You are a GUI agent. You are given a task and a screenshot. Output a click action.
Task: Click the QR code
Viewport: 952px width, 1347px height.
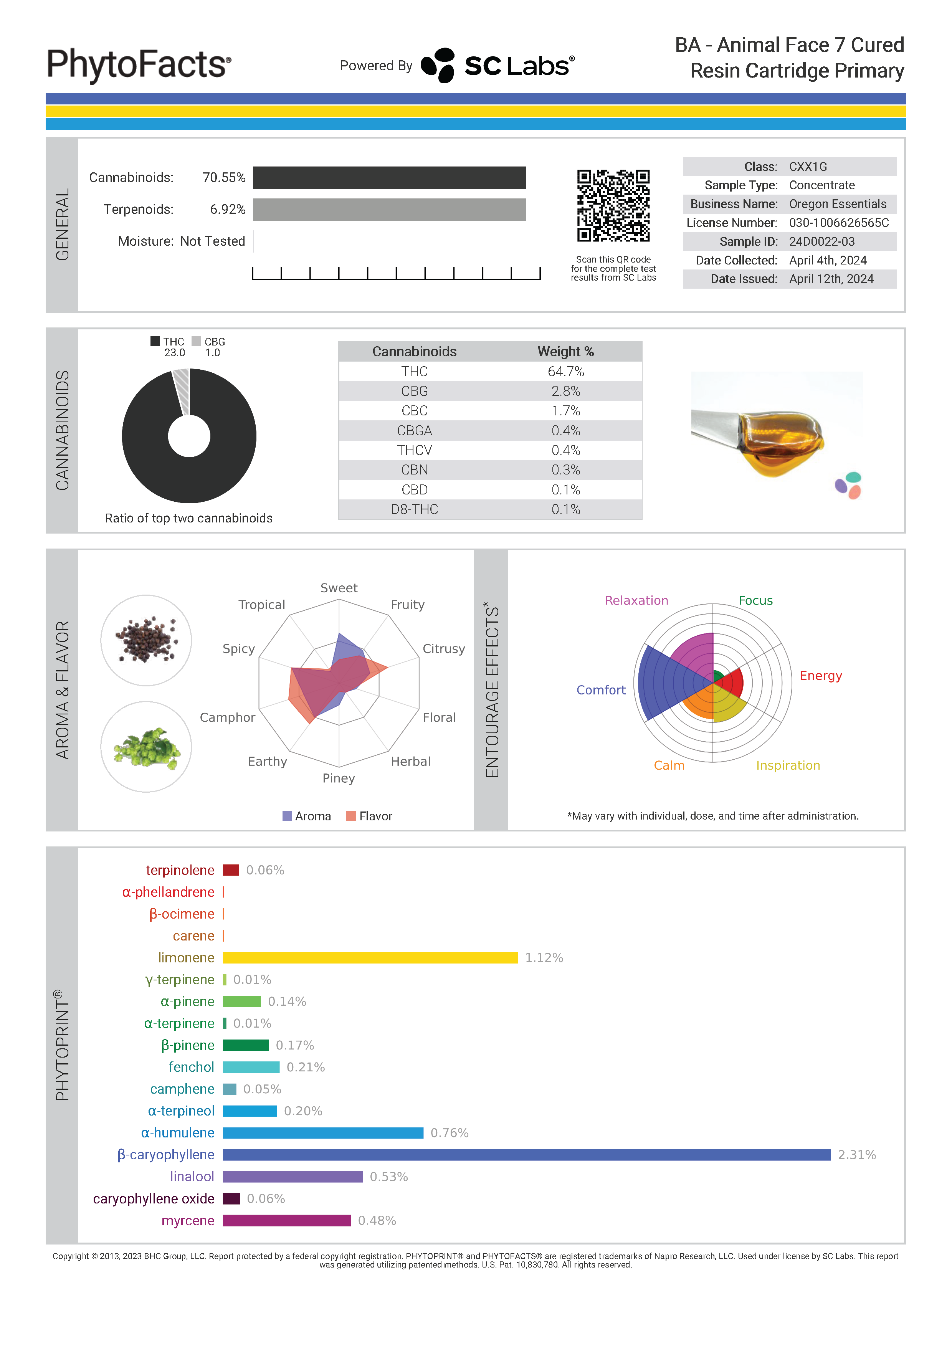(613, 205)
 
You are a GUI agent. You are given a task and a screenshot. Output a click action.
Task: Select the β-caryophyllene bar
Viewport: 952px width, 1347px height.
(526, 1155)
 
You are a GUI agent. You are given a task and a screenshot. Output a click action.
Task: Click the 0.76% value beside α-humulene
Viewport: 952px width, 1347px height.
(449, 1133)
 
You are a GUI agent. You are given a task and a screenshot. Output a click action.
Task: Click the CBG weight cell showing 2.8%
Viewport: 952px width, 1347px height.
(565, 391)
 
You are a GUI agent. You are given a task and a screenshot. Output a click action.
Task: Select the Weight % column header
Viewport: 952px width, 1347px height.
(565, 351)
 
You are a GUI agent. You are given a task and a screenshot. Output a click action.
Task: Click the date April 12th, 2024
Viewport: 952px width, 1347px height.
(831, 279)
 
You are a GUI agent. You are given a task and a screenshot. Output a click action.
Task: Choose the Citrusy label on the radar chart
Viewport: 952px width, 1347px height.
(443, 649)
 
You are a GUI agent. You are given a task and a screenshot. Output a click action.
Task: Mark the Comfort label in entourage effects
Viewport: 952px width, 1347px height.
(601, 690)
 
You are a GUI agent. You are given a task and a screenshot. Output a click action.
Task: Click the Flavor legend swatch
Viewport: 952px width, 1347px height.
(351, 816)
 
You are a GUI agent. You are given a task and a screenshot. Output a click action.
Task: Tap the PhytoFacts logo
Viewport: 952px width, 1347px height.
(139, 64)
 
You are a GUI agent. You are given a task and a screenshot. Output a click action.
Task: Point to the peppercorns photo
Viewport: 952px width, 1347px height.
(146, 640)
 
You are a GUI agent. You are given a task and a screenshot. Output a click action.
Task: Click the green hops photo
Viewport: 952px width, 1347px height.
(146, 747)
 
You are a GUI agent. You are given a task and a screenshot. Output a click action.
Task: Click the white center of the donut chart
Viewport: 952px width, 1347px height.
(189, 436)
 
